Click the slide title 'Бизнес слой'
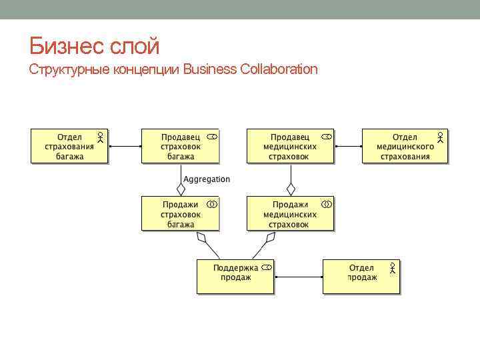click(x=94, y=46)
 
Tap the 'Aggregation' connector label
click(x=207, y=179)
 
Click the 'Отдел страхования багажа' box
click(x=69, y=147)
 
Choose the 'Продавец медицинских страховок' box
click(x=289, y=147)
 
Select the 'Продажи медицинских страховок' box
click(x=289, y=214)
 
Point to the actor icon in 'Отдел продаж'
click(x=393, y=269)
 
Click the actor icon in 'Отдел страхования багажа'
click(x=99, y=138)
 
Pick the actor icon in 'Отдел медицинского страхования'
click(x=441, y=138)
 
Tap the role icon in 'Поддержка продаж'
click(x=267, y=267)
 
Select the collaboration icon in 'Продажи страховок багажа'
click(x=211, y=203)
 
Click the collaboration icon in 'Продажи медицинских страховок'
click(x=326, y=203)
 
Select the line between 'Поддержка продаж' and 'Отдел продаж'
click(x=299, y=276)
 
